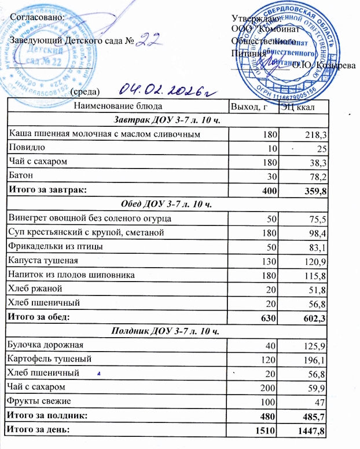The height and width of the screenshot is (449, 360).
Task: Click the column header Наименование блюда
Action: tap(117, 106)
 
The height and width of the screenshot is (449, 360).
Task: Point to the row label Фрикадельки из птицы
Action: tap(56, 246)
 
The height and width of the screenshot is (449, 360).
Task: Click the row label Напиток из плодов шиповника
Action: tap(71, 274)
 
